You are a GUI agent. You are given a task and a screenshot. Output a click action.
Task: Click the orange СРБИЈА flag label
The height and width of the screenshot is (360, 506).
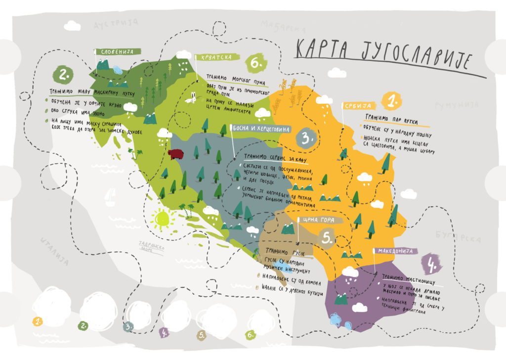[359, 106]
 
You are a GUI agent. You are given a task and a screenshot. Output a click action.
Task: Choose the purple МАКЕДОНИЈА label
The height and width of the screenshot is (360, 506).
[395, 251]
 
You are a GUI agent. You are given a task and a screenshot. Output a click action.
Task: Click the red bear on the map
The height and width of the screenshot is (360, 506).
[175, 154]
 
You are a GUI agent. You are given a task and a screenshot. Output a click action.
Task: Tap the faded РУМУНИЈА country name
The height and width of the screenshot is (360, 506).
[457, 105]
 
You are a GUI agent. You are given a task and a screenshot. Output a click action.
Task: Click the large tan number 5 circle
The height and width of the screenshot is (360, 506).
[328, 238]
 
